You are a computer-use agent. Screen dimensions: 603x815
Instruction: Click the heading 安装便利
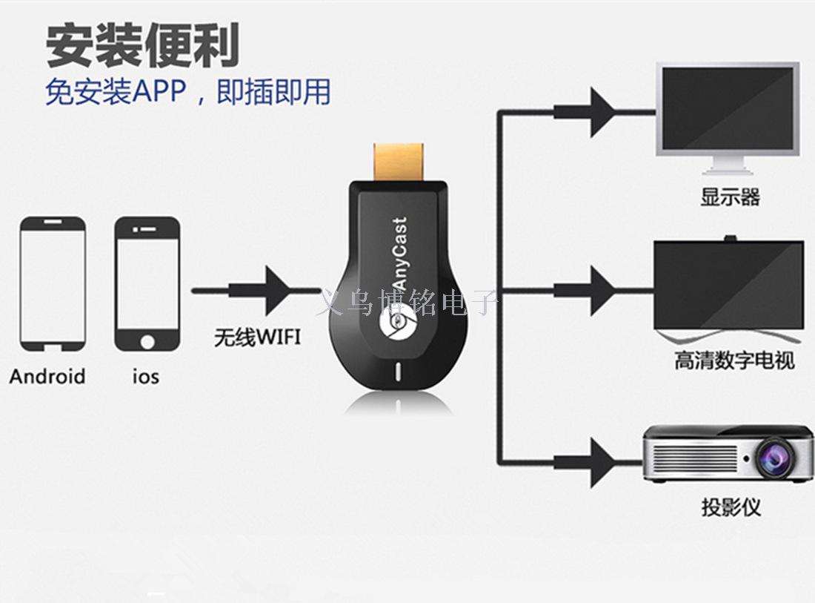coord(143,46)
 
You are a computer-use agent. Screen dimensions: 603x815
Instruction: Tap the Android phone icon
coord(52,283)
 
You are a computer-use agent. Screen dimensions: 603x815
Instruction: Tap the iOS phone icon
coord(147,283)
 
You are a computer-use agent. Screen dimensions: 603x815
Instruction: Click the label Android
coord(47,377)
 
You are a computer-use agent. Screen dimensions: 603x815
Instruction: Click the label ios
coord(146,377)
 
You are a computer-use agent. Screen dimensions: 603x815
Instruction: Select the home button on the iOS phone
coord(147,341)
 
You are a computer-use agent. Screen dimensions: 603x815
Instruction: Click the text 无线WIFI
coord(257,338)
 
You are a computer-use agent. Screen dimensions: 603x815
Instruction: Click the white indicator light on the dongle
coord(400,372)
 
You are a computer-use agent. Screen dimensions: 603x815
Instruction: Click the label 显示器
coord(731,197)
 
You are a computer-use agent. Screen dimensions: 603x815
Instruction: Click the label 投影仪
coord(731,507)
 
